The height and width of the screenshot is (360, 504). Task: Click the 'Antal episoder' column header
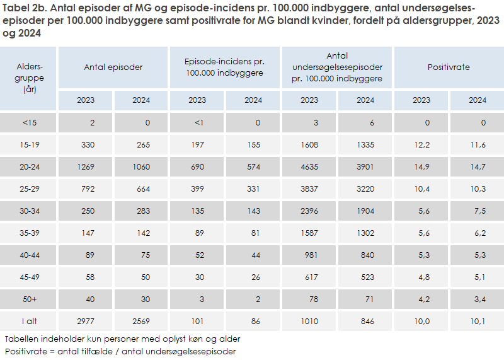pos(113,67)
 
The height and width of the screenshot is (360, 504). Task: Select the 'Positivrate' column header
pos(449,67)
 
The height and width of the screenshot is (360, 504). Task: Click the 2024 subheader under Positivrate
pos(477,100)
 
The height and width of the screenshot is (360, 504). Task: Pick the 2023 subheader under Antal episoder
pos(86,100)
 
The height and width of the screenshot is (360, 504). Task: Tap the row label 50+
pos(28,299)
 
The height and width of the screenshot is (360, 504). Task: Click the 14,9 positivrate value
pos(422,167)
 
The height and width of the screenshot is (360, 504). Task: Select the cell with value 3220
pos(365,189)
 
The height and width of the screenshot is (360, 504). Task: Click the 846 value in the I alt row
pos(365,322)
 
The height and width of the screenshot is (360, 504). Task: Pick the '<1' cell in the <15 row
pos(199,123)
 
